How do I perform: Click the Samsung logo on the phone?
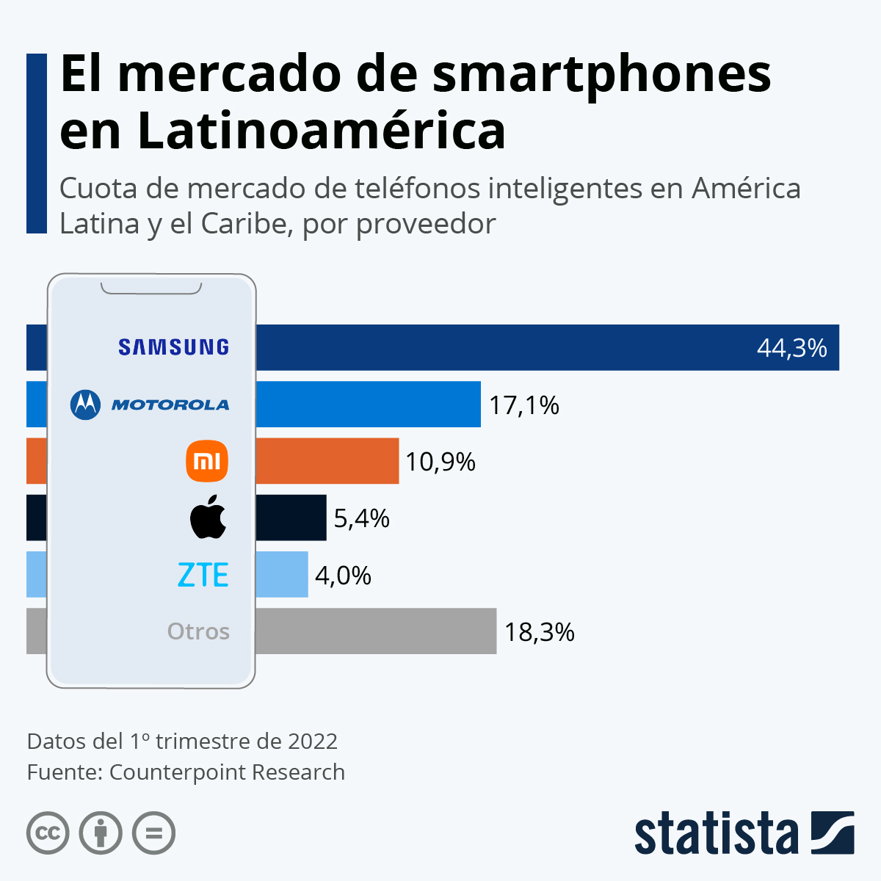coord(173,347)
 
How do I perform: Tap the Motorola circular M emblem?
coord(85,405)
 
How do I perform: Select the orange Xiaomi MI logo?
coord(207,461)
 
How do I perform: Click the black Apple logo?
coord(208,517)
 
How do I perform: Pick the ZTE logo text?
coord(203,575)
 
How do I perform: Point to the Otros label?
coord(198,631)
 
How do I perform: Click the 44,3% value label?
coord(791,348)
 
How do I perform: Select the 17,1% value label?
coord(524,405)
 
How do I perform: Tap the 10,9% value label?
coord(440,462)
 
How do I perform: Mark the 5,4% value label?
coord(361,519)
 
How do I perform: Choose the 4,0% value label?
coord(343,576)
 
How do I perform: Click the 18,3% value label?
coord(539,632)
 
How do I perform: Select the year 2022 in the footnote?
coord(312,742)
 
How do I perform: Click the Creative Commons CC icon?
coord(48,833)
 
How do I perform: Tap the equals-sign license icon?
coord(154,833)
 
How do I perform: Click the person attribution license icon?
coord(101,833)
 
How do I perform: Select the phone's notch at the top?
coord(151,288)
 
